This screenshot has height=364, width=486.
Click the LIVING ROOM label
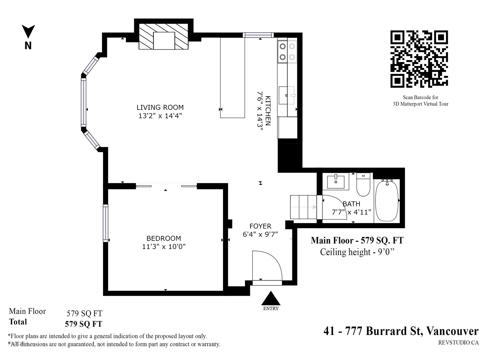(160, 107)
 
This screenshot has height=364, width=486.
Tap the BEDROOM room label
(164, 238)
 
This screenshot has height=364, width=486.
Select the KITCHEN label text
(268, 111)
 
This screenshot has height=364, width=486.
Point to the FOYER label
(260, 226)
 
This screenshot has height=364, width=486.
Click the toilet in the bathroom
(363, 184)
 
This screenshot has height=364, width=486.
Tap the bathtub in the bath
(387, 201)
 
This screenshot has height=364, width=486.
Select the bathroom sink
(336, 182)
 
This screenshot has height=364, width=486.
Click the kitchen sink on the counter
(287, 95)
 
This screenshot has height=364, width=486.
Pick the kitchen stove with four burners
(287, 52)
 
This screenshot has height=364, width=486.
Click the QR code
(419, 59)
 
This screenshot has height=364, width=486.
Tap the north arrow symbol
(28, 32)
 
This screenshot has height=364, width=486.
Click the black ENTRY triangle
(271, 298)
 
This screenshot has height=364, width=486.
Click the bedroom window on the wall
(106, 223)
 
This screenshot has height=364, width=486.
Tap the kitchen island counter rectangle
(232, 78)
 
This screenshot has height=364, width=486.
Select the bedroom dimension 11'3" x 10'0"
(164, 246)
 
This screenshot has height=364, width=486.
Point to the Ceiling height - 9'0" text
(358, 252)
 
